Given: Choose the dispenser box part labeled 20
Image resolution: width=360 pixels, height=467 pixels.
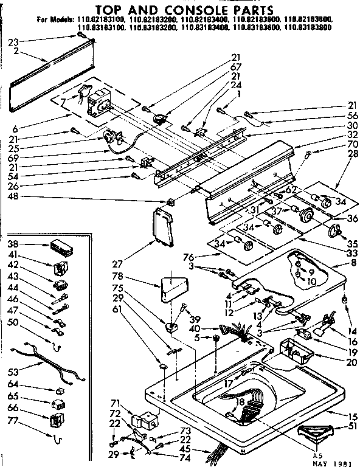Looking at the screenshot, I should pos(295,351).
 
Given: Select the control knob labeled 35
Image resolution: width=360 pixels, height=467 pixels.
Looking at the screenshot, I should pos(333,231).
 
